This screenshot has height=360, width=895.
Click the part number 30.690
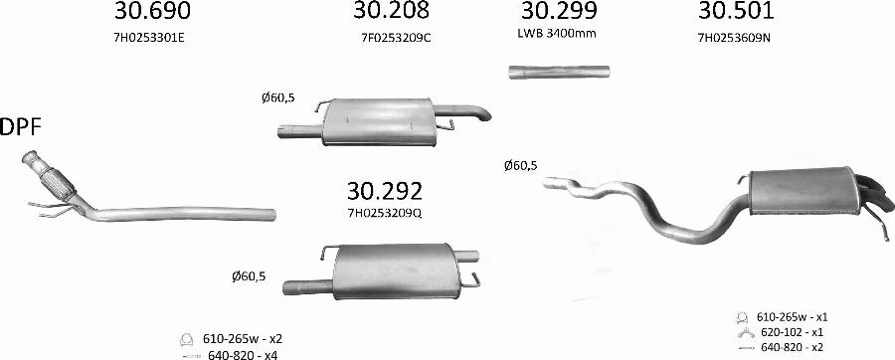152,10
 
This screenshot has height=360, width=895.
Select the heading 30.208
391,10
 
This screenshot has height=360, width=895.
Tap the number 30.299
559,10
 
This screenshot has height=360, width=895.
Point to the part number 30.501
736,10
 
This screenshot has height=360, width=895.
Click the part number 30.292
385,191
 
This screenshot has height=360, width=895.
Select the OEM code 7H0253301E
149,38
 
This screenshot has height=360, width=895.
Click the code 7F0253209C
396,38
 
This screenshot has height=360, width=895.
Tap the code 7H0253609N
734,38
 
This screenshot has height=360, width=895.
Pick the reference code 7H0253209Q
385,213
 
